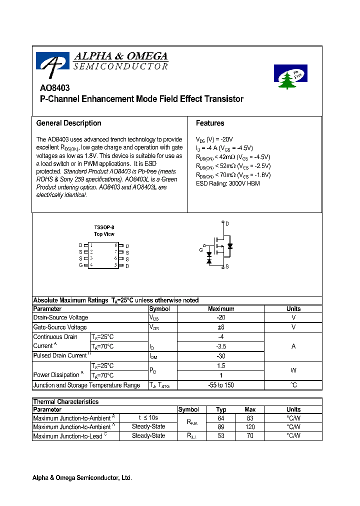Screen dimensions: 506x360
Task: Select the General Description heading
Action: (x=68, y=123)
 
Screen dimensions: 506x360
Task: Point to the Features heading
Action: (x=210, y=123)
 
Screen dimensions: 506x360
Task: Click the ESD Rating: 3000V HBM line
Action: (x=227, y=183)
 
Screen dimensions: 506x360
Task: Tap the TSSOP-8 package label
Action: (x=104, y=227)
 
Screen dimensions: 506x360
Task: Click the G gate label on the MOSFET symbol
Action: (x=201, y=249)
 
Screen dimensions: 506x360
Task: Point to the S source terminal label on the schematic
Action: (x=226, y=267)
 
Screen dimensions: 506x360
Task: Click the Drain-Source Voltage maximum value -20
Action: (x=221, y=317)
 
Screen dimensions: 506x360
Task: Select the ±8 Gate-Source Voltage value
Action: (x=221, y=327)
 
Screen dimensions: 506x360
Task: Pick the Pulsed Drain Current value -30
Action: (x=221, y=356)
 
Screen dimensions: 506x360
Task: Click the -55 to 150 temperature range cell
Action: (x=221, y=385)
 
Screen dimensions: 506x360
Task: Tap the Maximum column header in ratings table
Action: (x=221, y=308)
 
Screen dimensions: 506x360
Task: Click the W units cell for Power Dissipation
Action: (x=293, y=370)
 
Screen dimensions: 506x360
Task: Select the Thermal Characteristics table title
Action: (x=65, y=401)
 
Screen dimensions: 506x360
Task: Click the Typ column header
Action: (x=221, y=409)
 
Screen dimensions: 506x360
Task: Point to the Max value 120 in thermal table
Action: (x=250, y=427)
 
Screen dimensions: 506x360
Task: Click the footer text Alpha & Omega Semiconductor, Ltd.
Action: (x=82, y=478)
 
